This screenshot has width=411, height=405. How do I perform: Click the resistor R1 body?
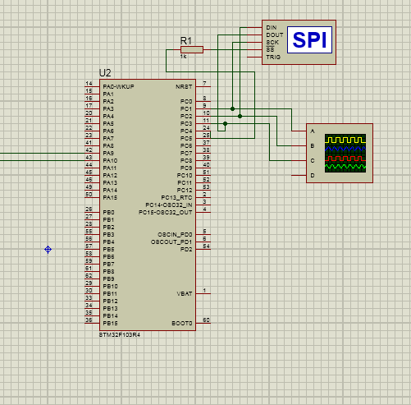pos(191,49)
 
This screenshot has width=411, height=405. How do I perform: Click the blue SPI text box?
pos(311,39)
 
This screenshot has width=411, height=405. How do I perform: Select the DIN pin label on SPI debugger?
pos(272,27)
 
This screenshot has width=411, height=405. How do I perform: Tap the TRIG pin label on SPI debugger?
pos(273,57)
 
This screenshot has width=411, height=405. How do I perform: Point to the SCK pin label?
pos(272,42)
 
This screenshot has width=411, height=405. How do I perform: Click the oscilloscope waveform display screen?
pos(345,153)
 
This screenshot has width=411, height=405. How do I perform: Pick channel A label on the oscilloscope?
pos(312,131)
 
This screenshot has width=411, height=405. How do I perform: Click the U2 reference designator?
pos(104,73)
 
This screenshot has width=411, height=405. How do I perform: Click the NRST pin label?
pos(184,86)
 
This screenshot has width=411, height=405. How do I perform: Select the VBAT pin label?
pos(185,293)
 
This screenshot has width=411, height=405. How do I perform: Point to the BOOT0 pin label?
pos(182,323)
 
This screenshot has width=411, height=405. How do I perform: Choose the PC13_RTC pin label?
pos(176,197)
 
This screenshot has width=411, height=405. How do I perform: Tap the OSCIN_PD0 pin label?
pos(173,234)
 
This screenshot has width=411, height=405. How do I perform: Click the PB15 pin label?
pos(110,323)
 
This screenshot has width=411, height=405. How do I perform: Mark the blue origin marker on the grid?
pos(48,249)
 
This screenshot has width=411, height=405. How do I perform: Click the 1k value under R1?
pos(184,57)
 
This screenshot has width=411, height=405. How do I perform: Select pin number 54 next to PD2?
pos(206,246)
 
